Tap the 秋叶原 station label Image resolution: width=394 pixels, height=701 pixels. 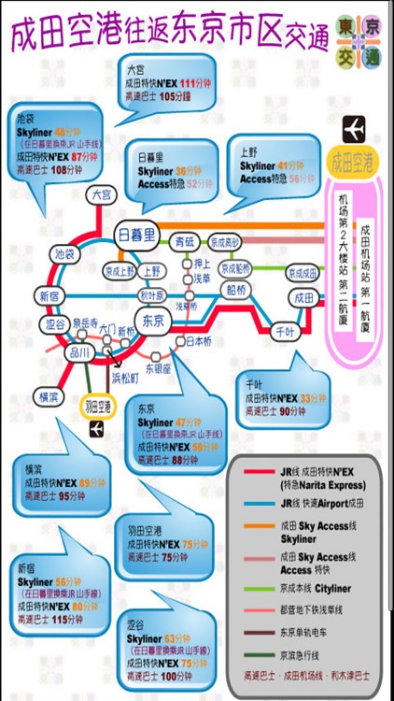click(150, 295)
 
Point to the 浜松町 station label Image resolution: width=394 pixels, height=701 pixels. click(124, 378)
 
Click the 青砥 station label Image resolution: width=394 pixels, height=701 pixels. click(185, 242)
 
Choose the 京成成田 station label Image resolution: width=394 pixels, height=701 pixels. click(302, 273)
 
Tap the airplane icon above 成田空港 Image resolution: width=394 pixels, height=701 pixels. click(355, 129)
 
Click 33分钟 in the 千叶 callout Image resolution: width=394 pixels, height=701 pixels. click(312, 396)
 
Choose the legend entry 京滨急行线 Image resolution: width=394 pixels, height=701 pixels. click(300, 653)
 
